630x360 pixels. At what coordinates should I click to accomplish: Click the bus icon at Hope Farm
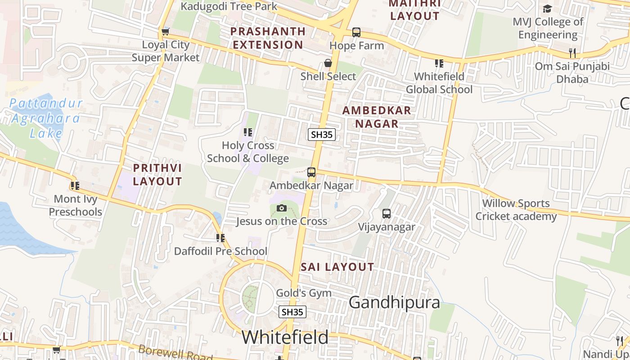pyautogui.click(x=356, y=32)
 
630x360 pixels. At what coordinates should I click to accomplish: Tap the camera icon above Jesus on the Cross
pyautogui.click(x=282, y=208)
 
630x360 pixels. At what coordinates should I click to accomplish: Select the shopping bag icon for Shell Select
pyautogui.click(x=328, y=63)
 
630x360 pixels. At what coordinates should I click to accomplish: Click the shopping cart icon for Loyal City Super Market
pyautogui.click(x=166, y=31)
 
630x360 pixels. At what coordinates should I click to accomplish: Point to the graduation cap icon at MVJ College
pyautogui.click(x=547, y=9)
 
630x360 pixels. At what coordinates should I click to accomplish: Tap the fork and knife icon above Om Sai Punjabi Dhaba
pyautogui.click(x=572, y=53)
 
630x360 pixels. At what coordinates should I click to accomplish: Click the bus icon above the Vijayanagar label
pyautogui.click(x=387, y=214)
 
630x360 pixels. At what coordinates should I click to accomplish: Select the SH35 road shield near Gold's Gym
pyautogui.click(x=292, y=312)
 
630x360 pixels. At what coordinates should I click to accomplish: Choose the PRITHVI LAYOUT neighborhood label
pyautogui.click(x=157, y=175)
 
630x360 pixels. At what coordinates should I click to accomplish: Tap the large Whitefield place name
pyautogui.click(x=285, y=337)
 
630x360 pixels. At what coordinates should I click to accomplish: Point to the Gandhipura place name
pyautogui.click(x=394, y=302)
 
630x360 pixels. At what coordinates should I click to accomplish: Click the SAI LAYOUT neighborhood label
pyautogui.click(x=337, y=267)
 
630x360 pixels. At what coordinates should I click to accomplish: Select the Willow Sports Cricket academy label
pyautogui.click(x=516, y=210)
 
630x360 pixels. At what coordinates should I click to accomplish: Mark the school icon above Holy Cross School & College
pyautogui.click(x=247, y=132)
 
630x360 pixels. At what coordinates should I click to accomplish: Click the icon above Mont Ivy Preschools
pyautogui.click(x=75, y=185)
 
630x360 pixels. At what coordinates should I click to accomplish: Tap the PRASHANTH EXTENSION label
pyautogui.click(x=268, y=38)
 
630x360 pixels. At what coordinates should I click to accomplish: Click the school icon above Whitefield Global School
pyautogui.click(x=439, y=63)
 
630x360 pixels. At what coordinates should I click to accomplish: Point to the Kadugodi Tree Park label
pyautogui.click(x=229, y=6)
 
